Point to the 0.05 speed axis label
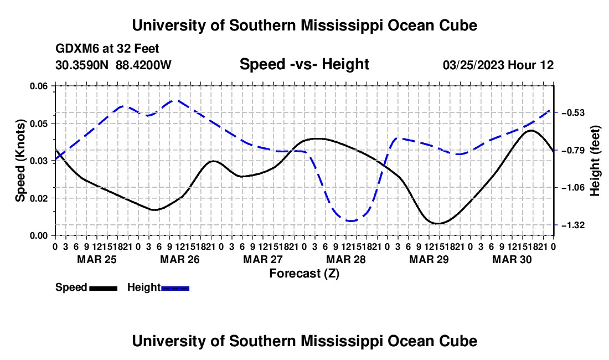click(39, 124)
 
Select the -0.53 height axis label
click(572, 113)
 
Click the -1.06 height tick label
click(572, 188)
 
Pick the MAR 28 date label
click(345, 259)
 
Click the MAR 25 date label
click(97, 259)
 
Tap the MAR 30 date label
click(512, 259)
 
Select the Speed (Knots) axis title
click(20, 161)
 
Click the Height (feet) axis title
click(595, 161)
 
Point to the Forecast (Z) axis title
click(304, 274)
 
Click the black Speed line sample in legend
click(104, 289)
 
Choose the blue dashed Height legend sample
click(175, 289)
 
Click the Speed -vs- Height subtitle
click(304, 64)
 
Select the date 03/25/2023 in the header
click(474, 65)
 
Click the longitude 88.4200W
click(143, 65)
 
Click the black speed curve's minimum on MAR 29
click(438, 223)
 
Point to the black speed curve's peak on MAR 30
click(531, 131)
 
